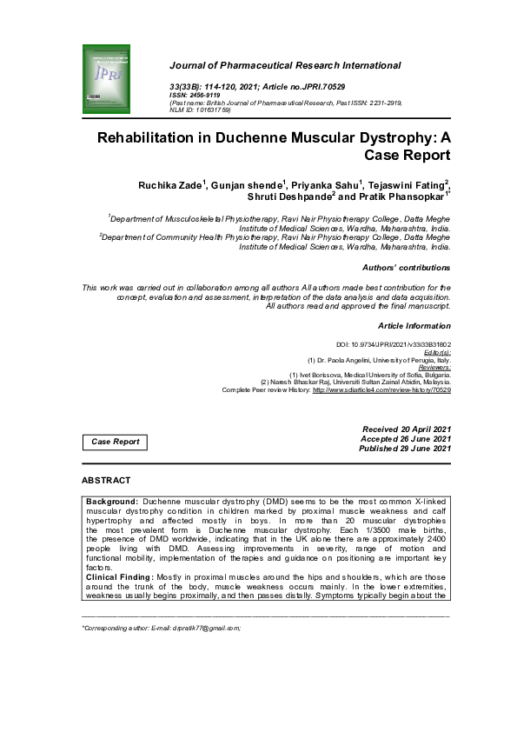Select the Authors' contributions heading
[406, 268]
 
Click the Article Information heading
[414, 326]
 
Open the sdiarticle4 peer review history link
[381, 390]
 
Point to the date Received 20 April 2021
[406, 429]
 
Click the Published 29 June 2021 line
[406, 449]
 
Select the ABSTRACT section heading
[106, 480]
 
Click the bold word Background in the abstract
[112, 502]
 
